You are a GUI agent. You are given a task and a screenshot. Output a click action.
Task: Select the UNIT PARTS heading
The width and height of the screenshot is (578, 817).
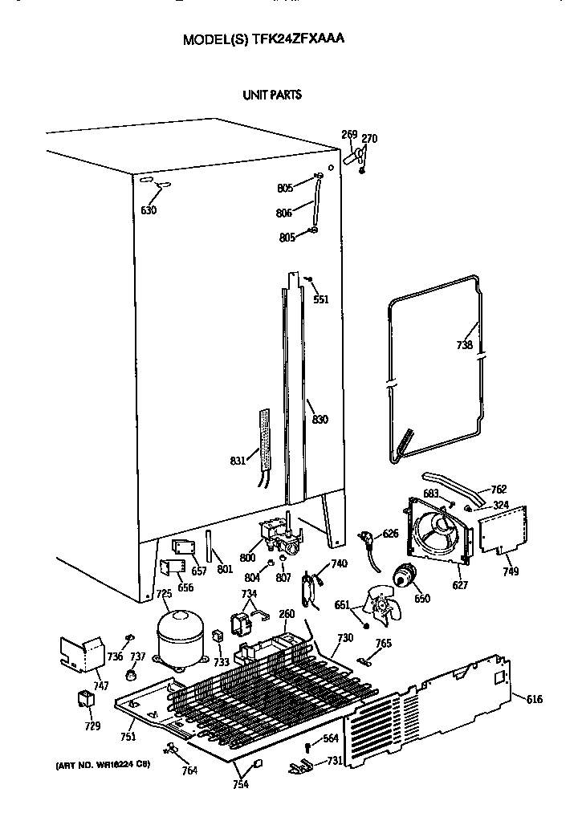pyautogui.click(x=272, y=95)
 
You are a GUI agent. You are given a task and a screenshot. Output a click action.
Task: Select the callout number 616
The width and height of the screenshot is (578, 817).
pyautogui.click(x=534, y=700)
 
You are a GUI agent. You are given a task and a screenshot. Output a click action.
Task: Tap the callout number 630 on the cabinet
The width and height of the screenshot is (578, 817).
pyautogui.click(x=149, y=210)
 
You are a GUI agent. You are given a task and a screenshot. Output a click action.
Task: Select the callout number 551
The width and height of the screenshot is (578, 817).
pyautogui.click(x=321, y=299)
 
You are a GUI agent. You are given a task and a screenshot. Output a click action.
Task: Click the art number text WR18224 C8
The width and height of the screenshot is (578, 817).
pyautogui.click(x=116, y=764)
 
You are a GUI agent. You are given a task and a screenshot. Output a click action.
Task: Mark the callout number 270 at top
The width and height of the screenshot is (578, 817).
pyautogui.click(x=369, y=139)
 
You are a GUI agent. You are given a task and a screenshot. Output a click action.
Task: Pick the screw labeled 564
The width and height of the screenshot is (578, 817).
pyautogui.click(x=307, y=748)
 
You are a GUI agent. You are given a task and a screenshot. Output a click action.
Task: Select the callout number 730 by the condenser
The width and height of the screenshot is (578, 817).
pyautogui.click(x=344, y=638)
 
